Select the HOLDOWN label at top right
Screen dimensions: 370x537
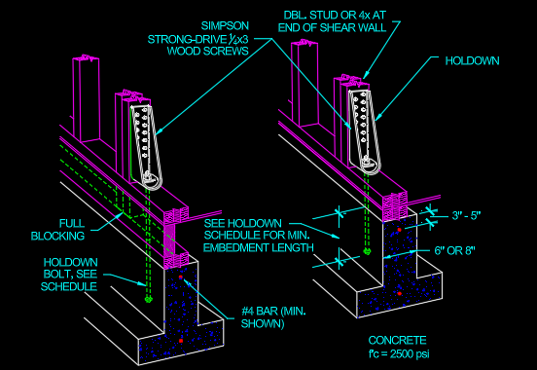(474, 60)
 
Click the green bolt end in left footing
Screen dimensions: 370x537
(148, 300)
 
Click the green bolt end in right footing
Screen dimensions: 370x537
(367, 251)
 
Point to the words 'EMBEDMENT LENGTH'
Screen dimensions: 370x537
(258, 248)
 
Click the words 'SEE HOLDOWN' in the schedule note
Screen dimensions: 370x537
(238, 222)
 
